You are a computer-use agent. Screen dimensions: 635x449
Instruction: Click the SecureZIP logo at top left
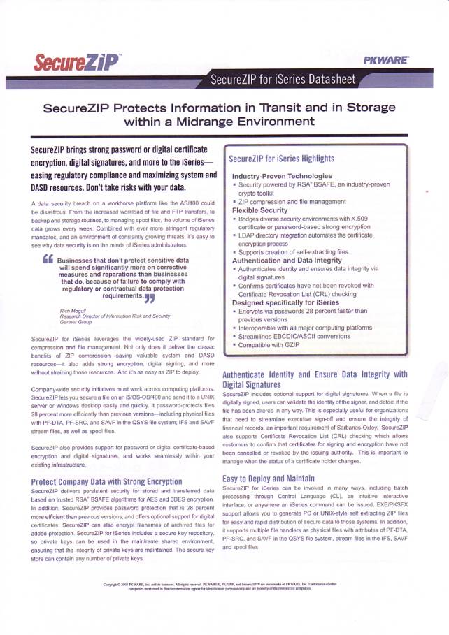[76, 64]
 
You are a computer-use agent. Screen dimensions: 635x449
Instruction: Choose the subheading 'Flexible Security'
[259, 210]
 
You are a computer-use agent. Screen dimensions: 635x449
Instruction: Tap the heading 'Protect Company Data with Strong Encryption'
[107, 481]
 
